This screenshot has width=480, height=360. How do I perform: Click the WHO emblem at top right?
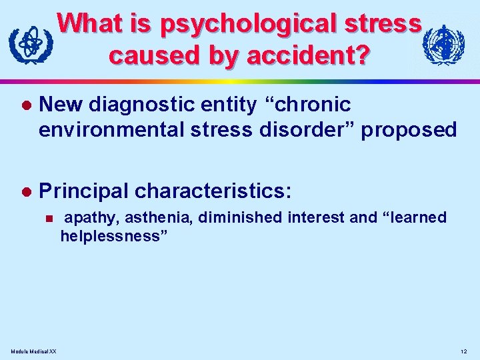[x=443, y=45]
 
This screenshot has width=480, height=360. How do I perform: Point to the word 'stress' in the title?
[x=385, y=25]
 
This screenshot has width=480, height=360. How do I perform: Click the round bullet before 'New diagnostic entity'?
[x=26, y=106]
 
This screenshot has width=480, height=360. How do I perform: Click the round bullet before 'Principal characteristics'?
[x=26, y=193]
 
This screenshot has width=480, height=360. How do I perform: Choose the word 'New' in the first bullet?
[x=61, y=105]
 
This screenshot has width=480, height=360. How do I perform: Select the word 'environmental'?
[x=115, y=129]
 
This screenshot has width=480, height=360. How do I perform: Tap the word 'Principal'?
[x=83, y=192]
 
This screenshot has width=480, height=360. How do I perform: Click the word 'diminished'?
[x=244, y=218]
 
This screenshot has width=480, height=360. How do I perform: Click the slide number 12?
[x=464, y=351]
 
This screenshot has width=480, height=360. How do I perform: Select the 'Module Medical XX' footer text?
[x=34, y=351]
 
